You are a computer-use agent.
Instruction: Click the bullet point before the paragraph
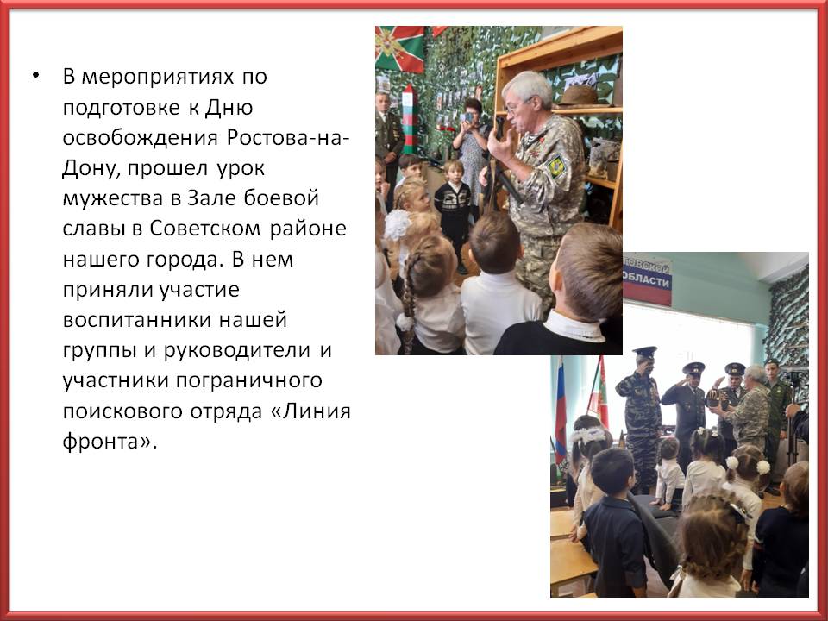35,75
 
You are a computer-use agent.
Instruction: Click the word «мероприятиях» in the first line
158,77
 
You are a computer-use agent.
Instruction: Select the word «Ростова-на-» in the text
288,138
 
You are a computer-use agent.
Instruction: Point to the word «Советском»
205,229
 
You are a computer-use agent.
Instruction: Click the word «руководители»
237,351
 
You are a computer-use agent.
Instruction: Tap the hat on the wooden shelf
578,97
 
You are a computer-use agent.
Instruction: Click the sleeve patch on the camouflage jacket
556,166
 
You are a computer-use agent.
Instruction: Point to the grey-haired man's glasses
516,107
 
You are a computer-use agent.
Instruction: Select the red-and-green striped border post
410,120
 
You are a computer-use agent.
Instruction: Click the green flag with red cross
399,49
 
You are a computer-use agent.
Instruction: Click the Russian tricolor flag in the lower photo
560,405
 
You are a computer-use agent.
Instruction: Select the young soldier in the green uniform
777,417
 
